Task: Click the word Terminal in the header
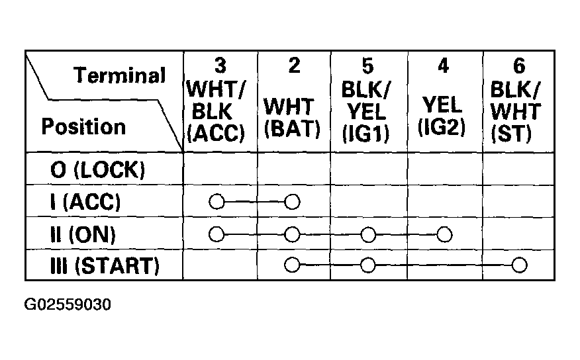point(119,75)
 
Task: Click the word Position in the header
point(83,126)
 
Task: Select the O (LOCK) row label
point(97,169)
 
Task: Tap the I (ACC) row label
point(85,202)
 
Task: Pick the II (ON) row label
point(83,234)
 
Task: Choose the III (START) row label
point(105,266)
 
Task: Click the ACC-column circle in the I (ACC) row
point(217,202)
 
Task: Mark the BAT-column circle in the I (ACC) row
point(292,202)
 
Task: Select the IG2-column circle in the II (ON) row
point(444,234)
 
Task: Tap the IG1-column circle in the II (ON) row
point(368,234)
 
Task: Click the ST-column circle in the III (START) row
point(519,265)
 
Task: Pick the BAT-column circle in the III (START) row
point(292,265)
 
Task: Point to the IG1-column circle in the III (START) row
point(367,265)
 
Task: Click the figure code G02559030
point(68,304)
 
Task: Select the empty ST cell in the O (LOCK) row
point(518,169)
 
